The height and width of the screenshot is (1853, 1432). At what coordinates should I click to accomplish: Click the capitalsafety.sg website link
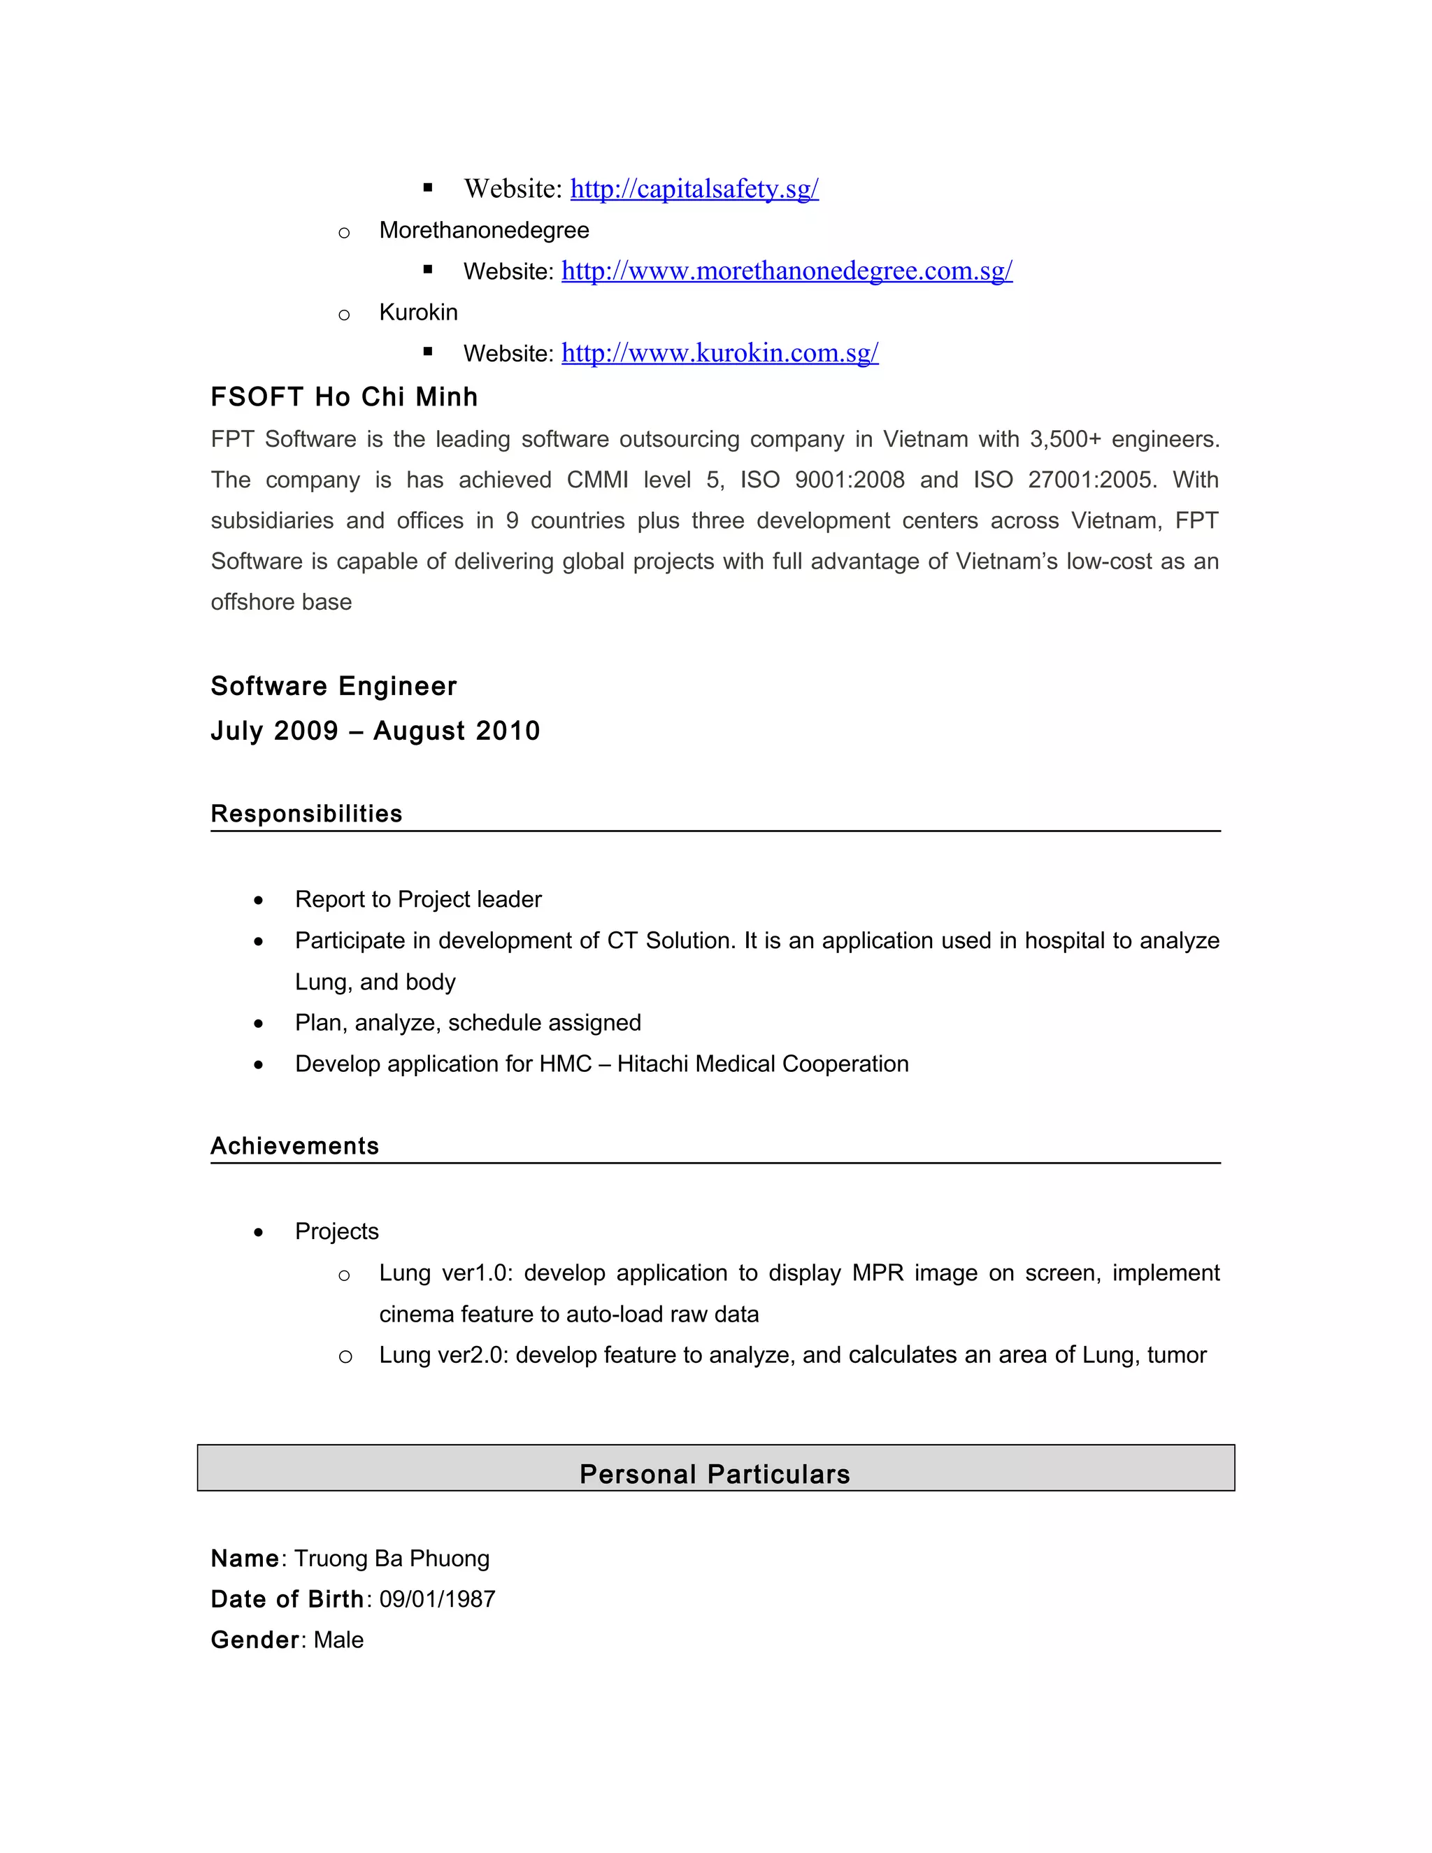[694, 188]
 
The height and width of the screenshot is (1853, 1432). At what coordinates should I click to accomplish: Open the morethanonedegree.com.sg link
[787, 271]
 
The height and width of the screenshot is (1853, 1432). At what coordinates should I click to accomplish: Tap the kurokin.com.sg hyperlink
[719, 353]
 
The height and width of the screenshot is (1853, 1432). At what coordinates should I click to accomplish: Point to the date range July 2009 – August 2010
[375, 731]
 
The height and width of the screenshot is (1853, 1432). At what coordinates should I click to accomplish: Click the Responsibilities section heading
[306, 814]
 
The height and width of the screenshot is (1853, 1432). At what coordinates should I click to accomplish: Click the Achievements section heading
[294, 1146]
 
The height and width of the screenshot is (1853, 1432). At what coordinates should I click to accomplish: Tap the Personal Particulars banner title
[715, 1474]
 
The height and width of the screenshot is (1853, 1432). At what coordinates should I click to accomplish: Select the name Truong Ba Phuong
[392, 1559]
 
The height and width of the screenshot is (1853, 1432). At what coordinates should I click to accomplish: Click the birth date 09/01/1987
[437, 1599]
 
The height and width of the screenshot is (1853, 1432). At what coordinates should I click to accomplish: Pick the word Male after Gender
[338, 1640]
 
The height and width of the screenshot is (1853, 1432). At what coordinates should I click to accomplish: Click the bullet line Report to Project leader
[417, 899]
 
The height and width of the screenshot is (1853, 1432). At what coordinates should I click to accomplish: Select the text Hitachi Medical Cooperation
[763, 1064]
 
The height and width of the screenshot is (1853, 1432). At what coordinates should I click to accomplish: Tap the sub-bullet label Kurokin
[418, 313]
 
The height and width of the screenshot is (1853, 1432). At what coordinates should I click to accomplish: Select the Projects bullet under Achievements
[337, 1231]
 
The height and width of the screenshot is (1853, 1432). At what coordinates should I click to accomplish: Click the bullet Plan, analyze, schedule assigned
[468, 1022]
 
